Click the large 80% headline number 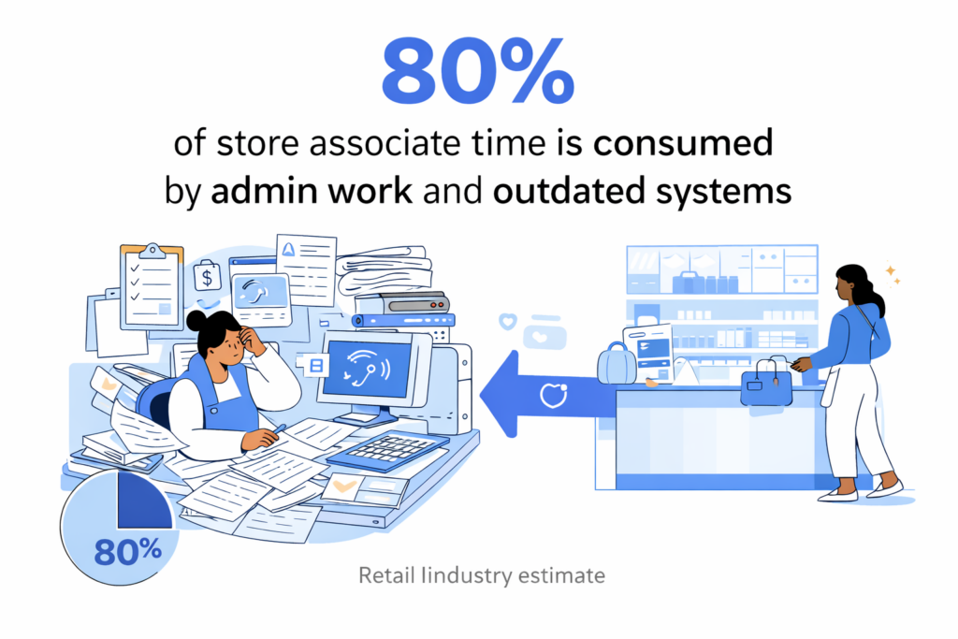(x=478, y=69)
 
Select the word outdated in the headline (x=569, y=190)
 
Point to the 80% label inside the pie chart (x=127, y=551)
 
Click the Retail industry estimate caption (x=482, y=575)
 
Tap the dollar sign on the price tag (x=207, y=278)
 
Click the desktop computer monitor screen (x=369, y=368)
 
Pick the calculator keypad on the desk (x=389, y=451)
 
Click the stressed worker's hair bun (x=196, y=320)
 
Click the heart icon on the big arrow (x=554, y=395)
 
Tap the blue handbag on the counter (x=766, y=384)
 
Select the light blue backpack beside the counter (x=617, y=363)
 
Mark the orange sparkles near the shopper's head (x=893, y=274)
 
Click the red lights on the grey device (x=436, y=304)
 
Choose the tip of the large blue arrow (x=481, y=395)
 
